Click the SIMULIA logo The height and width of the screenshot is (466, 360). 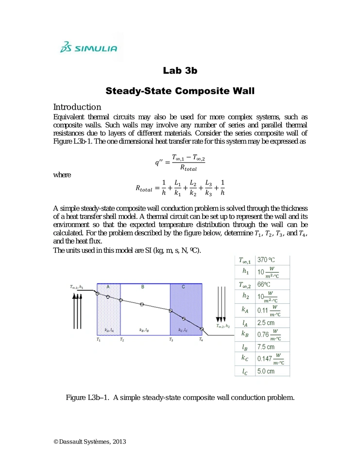[88, 47]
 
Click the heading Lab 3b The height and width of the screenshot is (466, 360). [180, 71]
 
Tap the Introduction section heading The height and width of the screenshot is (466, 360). [77, 107]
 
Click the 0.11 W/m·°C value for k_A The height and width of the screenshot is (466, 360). [268, 309]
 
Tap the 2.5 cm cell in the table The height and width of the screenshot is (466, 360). [266, 322]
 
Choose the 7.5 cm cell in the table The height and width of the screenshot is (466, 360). [266, 347]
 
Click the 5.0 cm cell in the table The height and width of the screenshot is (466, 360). [266, 371]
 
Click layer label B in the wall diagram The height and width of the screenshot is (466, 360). [143, 287]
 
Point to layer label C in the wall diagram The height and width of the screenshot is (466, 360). [183, 287]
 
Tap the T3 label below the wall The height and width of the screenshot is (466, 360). [171, 340]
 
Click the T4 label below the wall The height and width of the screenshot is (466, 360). [201, 340]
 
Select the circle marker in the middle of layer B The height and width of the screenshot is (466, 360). [142, 304]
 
